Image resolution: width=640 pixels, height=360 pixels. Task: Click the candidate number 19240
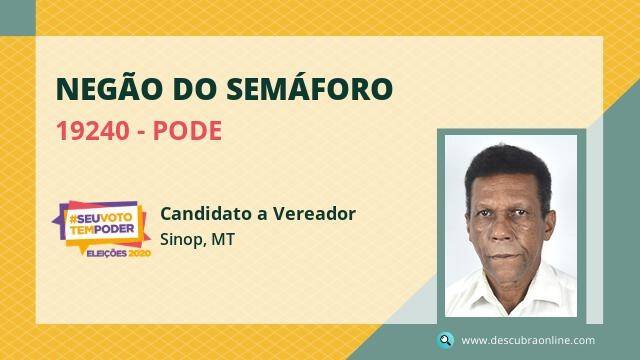(x=93, y=131)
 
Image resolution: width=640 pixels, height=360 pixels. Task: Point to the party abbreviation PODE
(x=187, y=131)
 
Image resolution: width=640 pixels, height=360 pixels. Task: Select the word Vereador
(x=314, y=213)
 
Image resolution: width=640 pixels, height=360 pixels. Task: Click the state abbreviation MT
(x=223, y=239)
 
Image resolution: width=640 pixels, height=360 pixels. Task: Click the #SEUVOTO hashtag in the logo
(x=101, y=219)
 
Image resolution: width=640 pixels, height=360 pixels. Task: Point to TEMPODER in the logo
(x=102, y=229)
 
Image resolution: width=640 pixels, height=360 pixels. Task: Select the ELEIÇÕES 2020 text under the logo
(x=119, y=253)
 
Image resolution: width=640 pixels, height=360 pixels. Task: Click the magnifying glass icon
(x=445, y=340)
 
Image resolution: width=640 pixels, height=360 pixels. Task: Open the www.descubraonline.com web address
(x=528, y=340)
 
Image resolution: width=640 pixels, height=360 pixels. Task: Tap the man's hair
(x=509, y=167)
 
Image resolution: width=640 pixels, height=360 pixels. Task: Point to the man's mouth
(x=505, y=257)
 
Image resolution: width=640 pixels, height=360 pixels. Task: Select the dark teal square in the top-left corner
(x=18, y=18)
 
